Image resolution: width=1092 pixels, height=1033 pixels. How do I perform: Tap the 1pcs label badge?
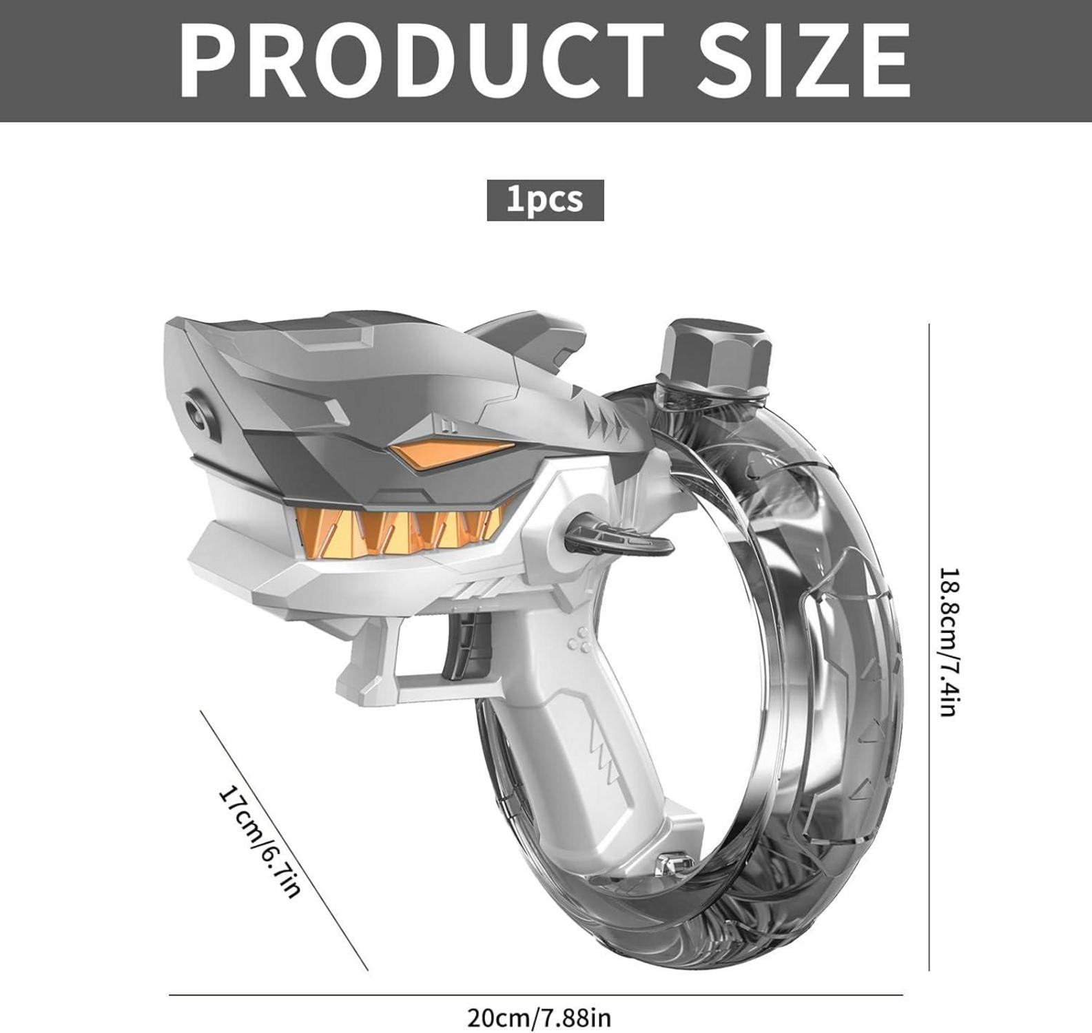click(x=545, y=200)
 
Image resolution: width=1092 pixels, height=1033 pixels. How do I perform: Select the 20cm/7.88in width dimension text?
click(x=539, y=1016)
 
